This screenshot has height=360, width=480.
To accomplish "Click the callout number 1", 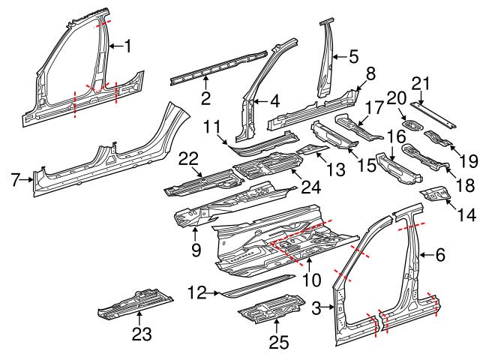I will click(127, 46).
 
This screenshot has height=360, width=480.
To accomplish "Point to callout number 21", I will click(422, 83).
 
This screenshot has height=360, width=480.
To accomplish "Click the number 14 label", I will click(466, 214).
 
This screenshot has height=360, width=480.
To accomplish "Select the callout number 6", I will click(440, 256).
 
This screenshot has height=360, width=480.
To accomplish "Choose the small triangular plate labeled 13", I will click(310, 150).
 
